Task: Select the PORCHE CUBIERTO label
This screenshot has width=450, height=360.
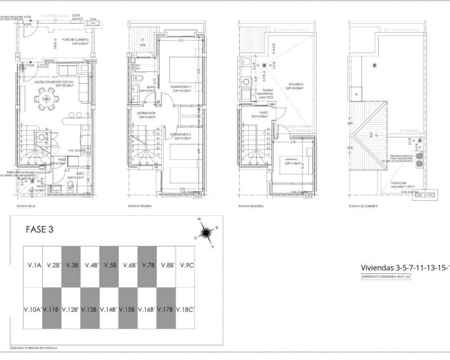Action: click(74, 40)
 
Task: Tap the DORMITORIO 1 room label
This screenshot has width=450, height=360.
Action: click(181, 87)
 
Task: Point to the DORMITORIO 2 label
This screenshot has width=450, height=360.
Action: click(181, 135)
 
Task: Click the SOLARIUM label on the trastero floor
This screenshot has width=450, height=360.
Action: click(296, 85)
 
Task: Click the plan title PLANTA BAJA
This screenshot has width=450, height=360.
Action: click(26, 207)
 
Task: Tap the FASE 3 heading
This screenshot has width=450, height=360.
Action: click(40, 229)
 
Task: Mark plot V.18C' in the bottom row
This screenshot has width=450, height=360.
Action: click(185, 309)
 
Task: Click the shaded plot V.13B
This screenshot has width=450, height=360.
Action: click(89, 309)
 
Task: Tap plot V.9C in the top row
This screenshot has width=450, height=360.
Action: click(185, 265)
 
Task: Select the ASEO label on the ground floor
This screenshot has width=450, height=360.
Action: click(73, 174)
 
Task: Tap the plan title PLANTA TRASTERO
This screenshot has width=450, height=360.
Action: click(251, 206)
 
